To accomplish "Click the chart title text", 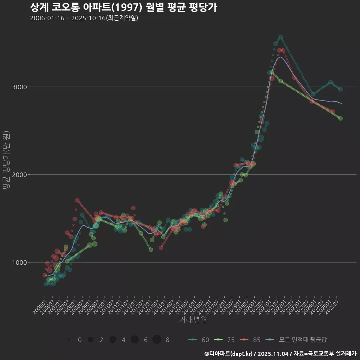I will (x=123, y=7).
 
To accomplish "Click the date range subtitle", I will (x=84, y=18).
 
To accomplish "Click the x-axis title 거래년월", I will (x=193, y=320).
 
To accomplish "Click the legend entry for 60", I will (x=199, y=340).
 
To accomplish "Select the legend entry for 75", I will (x=225, y=340).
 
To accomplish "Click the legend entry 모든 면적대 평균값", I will (x=296, y=340).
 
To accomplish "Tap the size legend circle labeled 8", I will (x=157, y=340).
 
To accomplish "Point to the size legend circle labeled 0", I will (x=69, y=340).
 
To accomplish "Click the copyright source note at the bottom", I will (x=280, y=354).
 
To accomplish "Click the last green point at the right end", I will (x=340, y=118).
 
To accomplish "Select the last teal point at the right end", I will (x=340, y=89).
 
